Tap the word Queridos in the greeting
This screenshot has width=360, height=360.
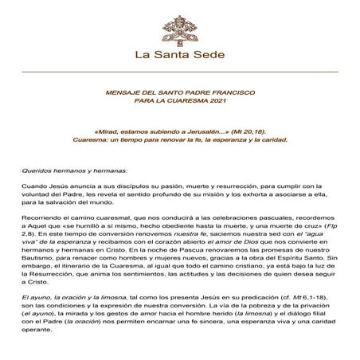(x=37, y=171)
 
